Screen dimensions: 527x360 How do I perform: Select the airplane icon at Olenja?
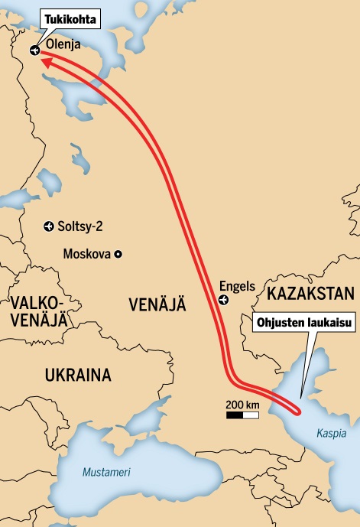(34, 50)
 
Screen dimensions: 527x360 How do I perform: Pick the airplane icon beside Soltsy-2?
(49, 226)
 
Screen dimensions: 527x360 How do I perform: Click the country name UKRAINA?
(78, 376)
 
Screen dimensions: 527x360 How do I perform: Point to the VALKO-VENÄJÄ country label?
(36, 310)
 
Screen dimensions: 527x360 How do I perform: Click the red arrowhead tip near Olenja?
(42, 63)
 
